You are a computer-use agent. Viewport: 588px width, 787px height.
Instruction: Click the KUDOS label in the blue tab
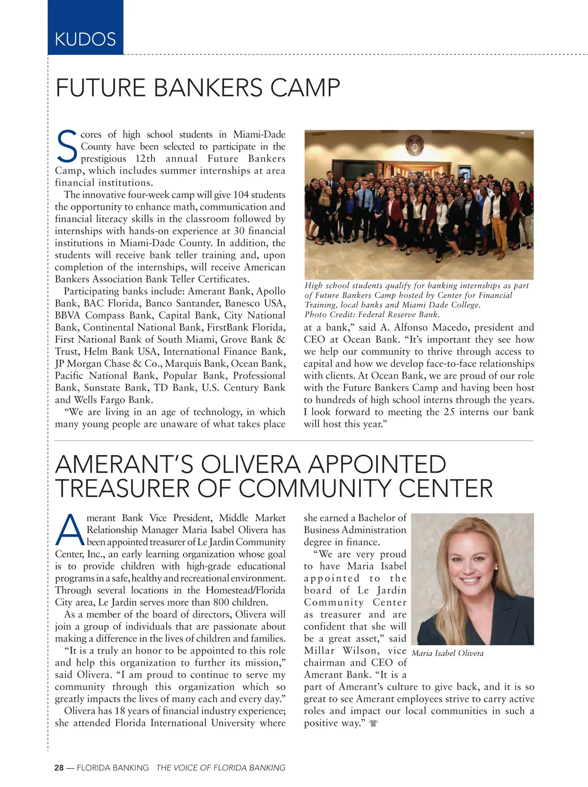[85, 39]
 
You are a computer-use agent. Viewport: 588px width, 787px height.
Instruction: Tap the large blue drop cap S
[67, 146]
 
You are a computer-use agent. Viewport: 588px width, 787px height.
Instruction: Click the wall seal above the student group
[416, 146]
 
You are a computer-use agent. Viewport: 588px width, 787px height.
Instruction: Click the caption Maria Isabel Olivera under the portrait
[447, 653]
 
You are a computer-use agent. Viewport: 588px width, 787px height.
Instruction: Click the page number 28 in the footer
[59, 768]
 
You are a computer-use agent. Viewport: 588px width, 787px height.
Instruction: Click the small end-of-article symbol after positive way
[374, 723]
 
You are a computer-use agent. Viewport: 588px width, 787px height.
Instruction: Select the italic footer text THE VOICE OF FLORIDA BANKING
[220, 768]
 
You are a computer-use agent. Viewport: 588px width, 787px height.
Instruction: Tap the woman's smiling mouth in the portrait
[471, 580]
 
